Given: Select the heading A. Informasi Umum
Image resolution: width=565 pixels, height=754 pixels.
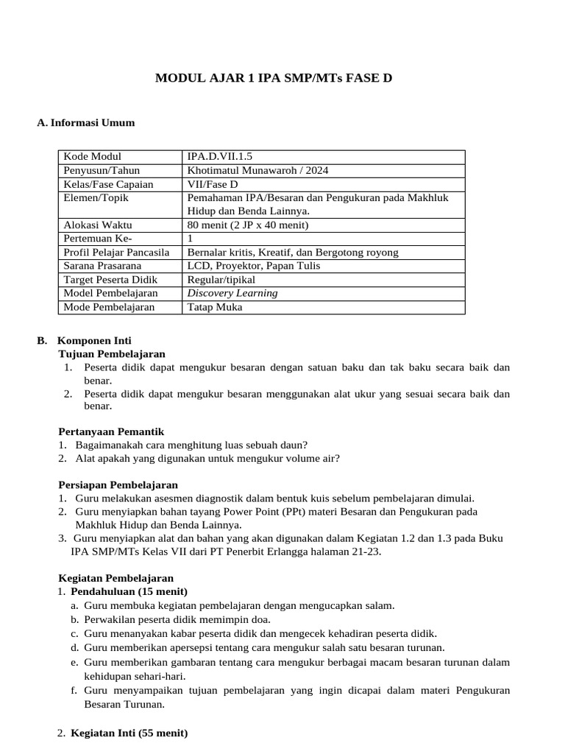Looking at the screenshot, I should click(86, 122).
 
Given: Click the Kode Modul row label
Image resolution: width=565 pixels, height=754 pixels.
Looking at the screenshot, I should click(92, 157).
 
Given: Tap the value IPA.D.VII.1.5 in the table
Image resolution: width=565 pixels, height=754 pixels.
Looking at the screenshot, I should click(219, 157).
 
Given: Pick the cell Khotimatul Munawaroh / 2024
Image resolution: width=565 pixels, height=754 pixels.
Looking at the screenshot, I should click(257, 171).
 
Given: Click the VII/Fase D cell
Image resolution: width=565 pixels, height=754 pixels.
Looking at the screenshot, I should click(213, 184).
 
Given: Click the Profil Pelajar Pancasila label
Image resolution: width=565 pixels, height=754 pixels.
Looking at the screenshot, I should click(116, 253).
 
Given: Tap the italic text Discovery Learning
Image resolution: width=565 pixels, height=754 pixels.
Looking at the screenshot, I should click(232, 293).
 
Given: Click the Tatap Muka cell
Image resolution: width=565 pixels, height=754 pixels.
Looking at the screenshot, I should click(214, 307).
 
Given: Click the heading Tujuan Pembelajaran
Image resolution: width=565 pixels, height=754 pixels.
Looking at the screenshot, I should click(112, 354).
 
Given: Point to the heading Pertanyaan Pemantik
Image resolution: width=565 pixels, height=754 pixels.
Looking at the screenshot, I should click(110, 431).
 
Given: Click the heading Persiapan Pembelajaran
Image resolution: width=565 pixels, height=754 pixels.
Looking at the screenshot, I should click(118, 485).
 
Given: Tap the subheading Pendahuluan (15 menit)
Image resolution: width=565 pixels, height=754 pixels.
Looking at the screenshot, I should click(129, 591).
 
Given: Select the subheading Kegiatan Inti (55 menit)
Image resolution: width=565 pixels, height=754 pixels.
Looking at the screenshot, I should click(129, 733).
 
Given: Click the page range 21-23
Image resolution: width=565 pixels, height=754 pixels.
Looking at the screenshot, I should click(363, 552).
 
